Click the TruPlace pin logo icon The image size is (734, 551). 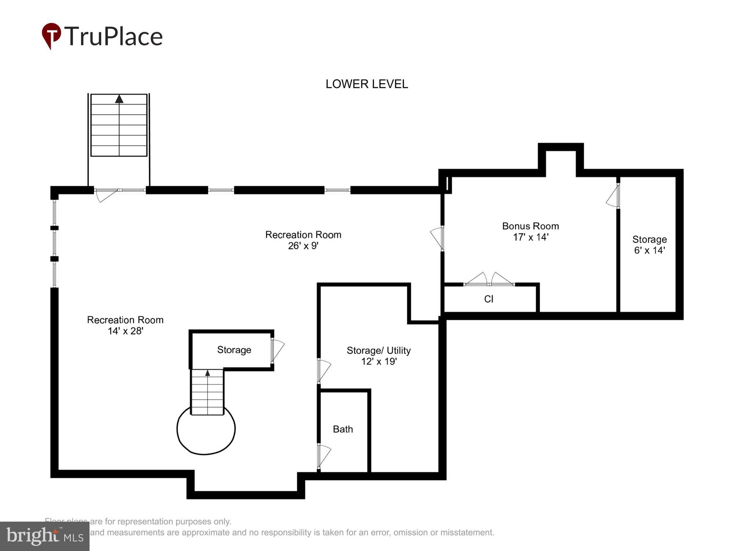[x=51, y=35]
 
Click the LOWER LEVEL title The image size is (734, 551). [x=367, y=84]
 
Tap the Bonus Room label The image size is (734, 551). [x=530, y=226]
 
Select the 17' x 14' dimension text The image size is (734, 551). [x=530, y=237]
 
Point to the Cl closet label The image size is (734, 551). [x=488, y=299]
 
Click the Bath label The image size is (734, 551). [x=343, y=429]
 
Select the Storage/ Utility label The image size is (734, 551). [x=378, y=350]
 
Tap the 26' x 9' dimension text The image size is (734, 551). [x=303, y=246]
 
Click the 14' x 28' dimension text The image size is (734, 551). [x=125, y=331]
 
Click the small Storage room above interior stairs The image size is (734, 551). [x=234, y=350]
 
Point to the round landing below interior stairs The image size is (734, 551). [x=206, y=433]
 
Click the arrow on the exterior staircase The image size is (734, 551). [x=119, y=99]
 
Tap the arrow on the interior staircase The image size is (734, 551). [x=207, y=373]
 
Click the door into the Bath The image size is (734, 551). [x=324, y=456]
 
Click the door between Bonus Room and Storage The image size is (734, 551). [x=613, y=197]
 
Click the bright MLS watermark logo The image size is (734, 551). [x=45, y=536]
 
